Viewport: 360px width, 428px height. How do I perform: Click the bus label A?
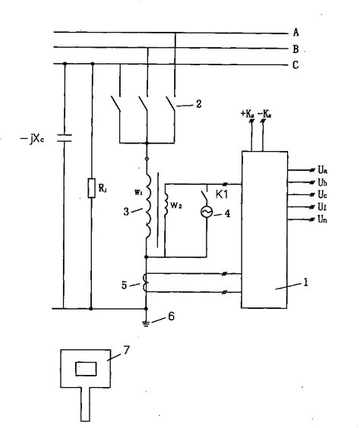(295, 33)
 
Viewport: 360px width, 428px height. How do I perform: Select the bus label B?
(295, 49)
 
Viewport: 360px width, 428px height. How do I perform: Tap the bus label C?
(295, 65)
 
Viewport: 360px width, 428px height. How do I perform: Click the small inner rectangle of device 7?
(85, 370)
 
